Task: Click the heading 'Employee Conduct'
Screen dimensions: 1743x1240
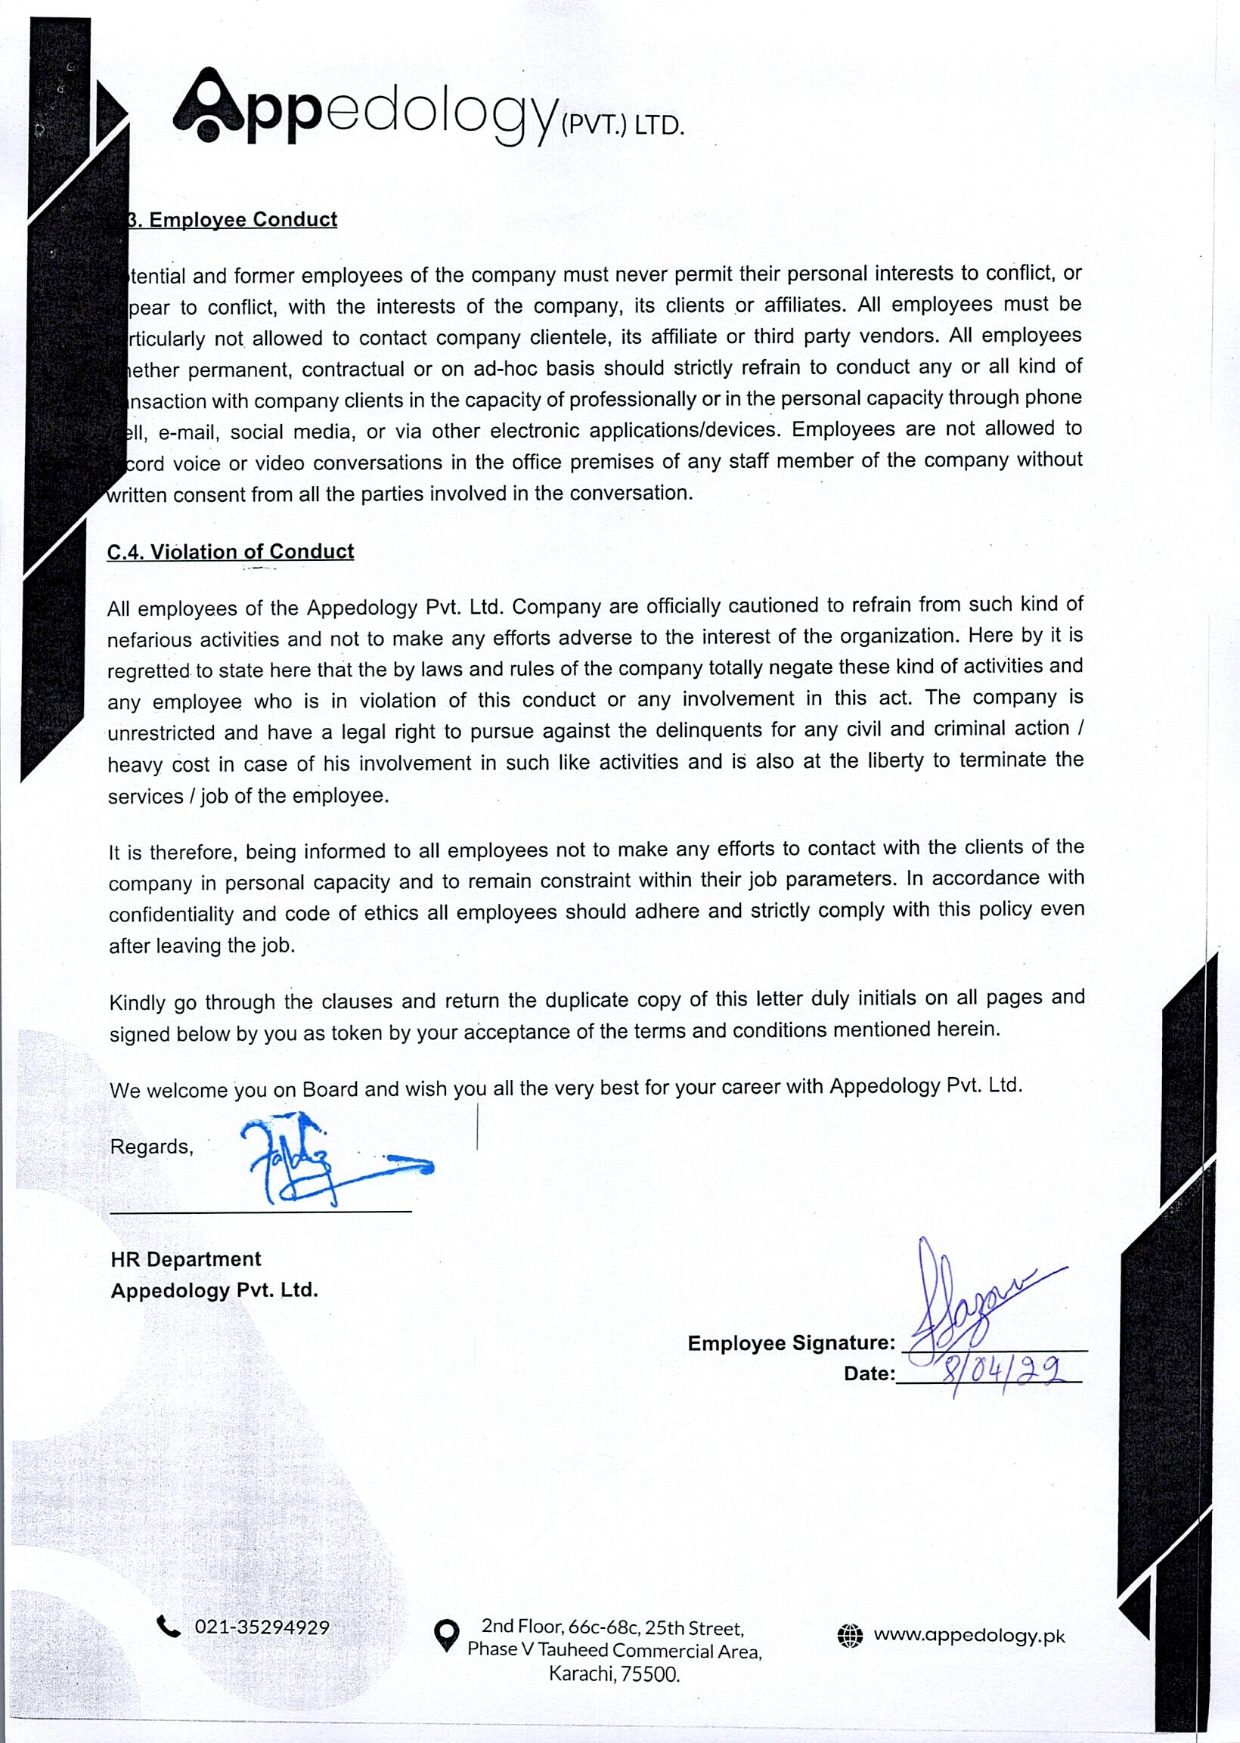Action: (x=243, y=220)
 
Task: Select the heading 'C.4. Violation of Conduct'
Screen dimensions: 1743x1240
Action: (x=230, y=552)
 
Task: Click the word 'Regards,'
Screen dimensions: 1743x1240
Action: (x=152, y=1146)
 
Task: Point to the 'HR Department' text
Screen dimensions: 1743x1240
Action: (x=185, y=1259)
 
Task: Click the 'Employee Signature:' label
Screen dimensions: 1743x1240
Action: (x=791, y=1343)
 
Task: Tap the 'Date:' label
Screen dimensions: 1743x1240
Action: (x=869, y=1373)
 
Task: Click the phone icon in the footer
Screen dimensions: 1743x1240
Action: (x=168, y=1627)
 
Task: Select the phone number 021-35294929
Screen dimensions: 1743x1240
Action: (x=262, y=1628)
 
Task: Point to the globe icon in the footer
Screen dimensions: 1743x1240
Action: (x=849, y=1636)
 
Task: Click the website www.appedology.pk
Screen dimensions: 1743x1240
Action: (x=969, y=1636)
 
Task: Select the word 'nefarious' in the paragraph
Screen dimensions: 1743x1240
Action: (x=150, y=639)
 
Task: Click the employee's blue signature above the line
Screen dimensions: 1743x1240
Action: (x=978, y=1297)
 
